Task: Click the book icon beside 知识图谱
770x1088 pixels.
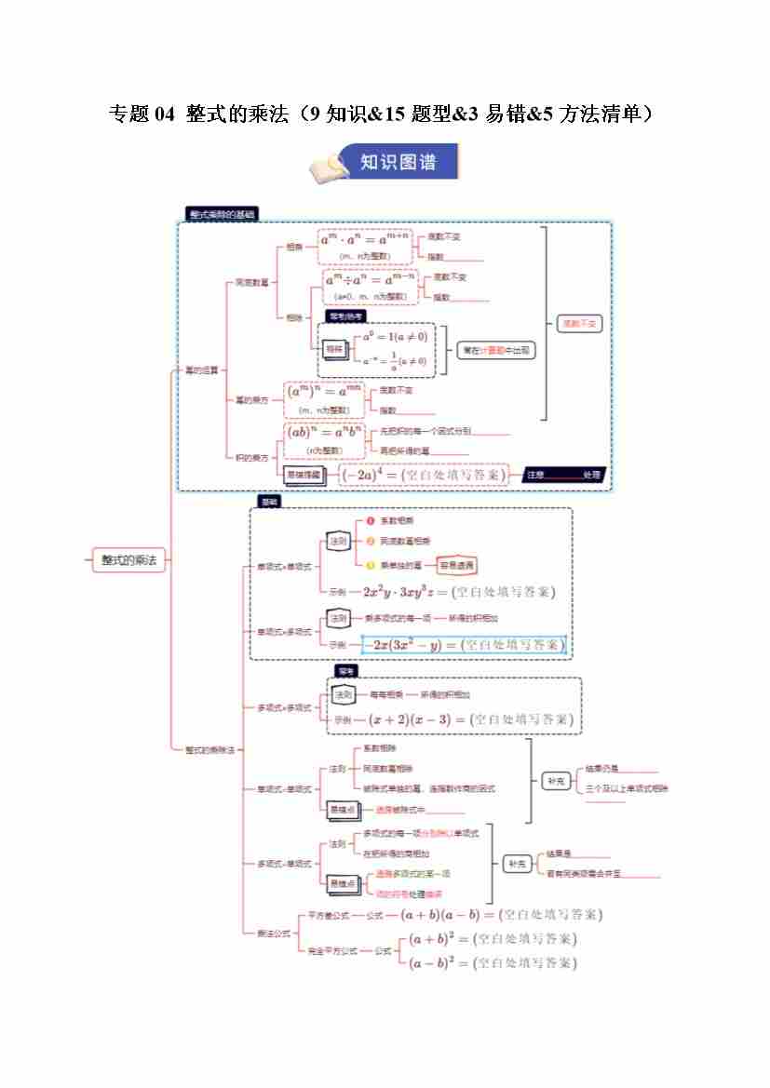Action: click(330, 168)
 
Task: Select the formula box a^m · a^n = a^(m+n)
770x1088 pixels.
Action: click(364, 246)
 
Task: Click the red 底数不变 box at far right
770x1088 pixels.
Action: click(579, 323)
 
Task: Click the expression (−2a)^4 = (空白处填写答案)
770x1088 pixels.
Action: click(424, 475)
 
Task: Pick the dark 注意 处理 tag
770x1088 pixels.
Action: click(563, 475)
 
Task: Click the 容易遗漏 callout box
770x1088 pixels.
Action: click(456, 565)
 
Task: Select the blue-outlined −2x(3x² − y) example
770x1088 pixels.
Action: click(464, 644)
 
